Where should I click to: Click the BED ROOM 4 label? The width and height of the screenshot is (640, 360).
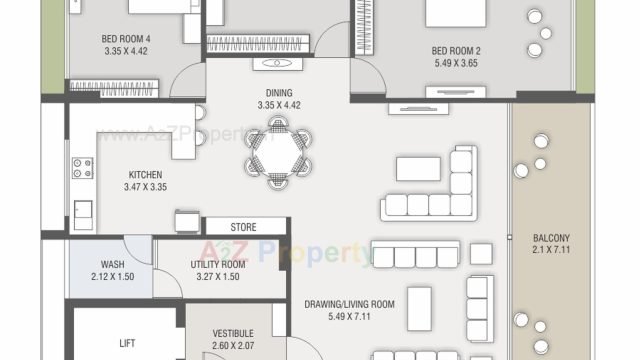click(x=126, y=39)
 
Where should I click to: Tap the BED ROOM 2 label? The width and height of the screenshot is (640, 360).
click(x=456, y=51)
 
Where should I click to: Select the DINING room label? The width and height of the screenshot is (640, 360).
click(x=279, y=93)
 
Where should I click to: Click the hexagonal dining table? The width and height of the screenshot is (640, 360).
click(x=278, y=152)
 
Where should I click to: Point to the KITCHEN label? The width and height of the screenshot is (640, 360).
click(x=145, y=175)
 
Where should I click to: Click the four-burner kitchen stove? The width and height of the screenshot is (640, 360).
click(x=82, y=168)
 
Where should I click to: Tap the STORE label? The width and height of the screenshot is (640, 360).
click(x=243, y=227)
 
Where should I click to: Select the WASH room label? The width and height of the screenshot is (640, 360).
click(x=113, y=264)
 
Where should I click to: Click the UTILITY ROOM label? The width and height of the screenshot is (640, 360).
click(x=218, y=264)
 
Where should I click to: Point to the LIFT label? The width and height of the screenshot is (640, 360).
click(x=127, y=343)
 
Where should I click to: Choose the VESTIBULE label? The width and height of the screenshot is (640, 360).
click(x=233, y=333)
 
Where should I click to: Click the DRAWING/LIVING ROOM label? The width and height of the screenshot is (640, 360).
click(x=349, y=304)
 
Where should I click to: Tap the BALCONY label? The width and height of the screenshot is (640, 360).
click(x=551, y=238)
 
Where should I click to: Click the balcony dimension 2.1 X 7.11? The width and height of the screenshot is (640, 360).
click(x=551, y=249)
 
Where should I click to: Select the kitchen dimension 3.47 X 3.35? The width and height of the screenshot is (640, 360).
click(x=145, y=187)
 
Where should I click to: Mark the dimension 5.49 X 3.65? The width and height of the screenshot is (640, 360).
click(x=456, y=63)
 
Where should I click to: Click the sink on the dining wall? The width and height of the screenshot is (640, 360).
click(x=278, y=64)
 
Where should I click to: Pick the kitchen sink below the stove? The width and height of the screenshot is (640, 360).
click(x=83, y=215)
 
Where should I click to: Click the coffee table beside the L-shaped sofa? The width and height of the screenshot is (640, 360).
click(x=418, y=169)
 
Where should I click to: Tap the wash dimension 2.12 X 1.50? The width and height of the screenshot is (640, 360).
click(x=113, y=277)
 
